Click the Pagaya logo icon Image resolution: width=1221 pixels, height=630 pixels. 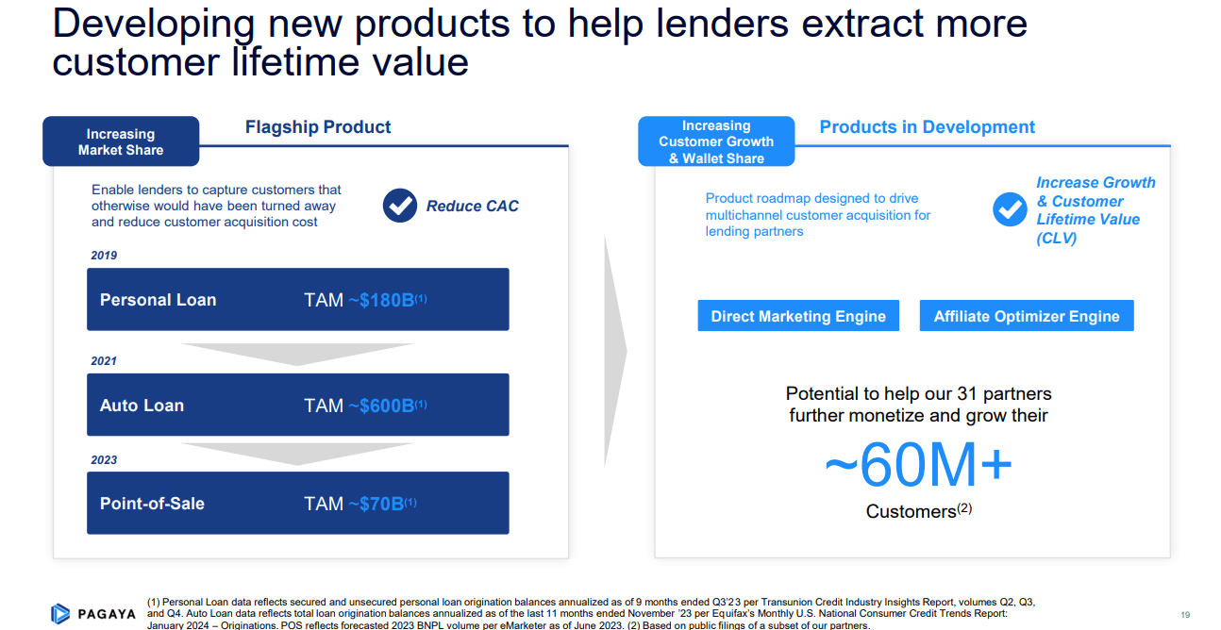pyautogui.click(x=60, y=614)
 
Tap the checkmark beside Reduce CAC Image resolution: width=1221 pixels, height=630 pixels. pyautogui.click(x=400, y=206)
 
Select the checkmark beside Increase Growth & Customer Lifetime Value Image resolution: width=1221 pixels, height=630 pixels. pyautogui.click(x=1010, y=209)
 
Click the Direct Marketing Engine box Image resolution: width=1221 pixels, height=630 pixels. pyautogui.click(x=798, y=316)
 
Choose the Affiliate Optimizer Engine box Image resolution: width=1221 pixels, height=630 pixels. pyautogui.click(x=1027, y=316)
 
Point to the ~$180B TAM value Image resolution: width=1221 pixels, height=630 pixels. pyautogui.click(x=381, y=300)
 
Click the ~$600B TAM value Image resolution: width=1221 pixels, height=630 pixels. pyautogui.click(x=381, y=406)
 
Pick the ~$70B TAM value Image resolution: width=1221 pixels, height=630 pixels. pyautogui.click(x=376, y=504)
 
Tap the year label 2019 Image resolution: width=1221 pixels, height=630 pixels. pyautogui.click(x=104, y=256)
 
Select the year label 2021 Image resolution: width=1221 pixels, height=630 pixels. pyautogui.click(x=104, y=361)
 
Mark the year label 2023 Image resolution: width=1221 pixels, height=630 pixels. pyautogui.click(x=104, y=460)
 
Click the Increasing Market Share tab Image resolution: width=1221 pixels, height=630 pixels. pyautogui.click(x=121, y=141)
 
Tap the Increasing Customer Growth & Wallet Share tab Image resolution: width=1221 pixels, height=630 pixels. pyautogui.click(x=716, y=141)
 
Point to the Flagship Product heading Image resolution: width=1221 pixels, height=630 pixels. pyautogui.click(x=318, y=127)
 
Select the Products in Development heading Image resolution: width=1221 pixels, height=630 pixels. pyautogui.click(x=927, y=127)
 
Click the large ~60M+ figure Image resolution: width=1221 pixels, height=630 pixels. pyautogui.click(x=918, y=465)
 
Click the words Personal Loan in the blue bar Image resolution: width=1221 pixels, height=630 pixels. pyautogui.click(x=158, y=300)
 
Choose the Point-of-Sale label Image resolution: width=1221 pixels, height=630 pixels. pyautogui.click(x=152, y=504)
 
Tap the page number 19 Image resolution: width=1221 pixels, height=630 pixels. pyautogui.click(x=1185, y=614)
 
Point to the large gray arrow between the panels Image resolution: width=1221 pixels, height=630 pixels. pyautogui.click(x=614, y=351)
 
